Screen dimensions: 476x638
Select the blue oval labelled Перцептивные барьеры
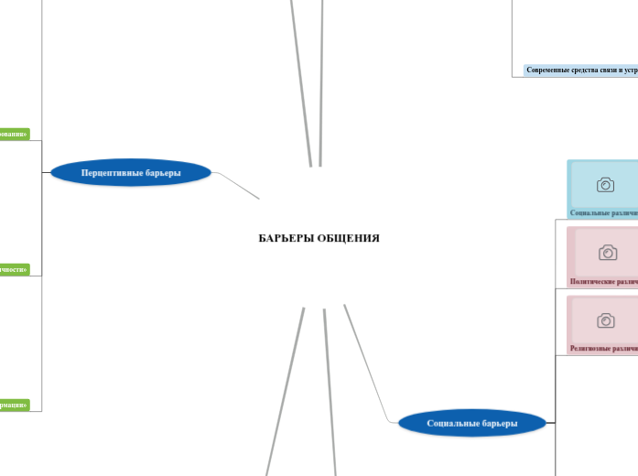tap(131, 172)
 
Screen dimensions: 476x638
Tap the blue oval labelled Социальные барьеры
tap(472, 423)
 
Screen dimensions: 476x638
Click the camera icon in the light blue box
tap(605, 185)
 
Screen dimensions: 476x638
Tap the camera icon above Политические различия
tap(607, 252)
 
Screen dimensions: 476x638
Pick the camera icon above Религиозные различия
tap(605, 320)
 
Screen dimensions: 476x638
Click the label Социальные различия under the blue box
tap(603, 212)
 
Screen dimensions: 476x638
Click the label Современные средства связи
tap(581, 70)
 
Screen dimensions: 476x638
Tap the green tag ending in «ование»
tap(14, 135)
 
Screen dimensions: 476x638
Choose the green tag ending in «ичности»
tap(14, 270)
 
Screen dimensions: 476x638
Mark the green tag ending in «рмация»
tap(14, 405)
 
